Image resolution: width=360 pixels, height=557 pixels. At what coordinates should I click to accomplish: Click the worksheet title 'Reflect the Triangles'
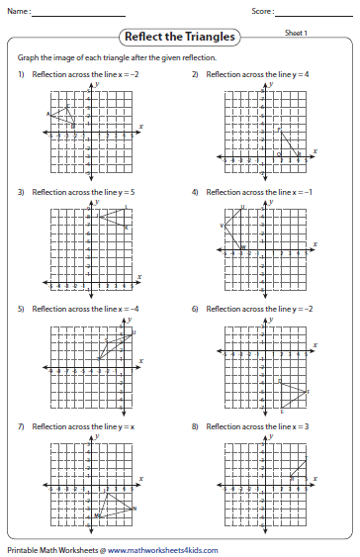tap(179, 38)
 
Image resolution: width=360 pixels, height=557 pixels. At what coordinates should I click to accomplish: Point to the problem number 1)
tap(21, 75)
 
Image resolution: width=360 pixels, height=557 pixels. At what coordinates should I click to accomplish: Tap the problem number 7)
tap(21, 426)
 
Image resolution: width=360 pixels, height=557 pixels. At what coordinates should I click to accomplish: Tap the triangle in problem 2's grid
tap(288, 141)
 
